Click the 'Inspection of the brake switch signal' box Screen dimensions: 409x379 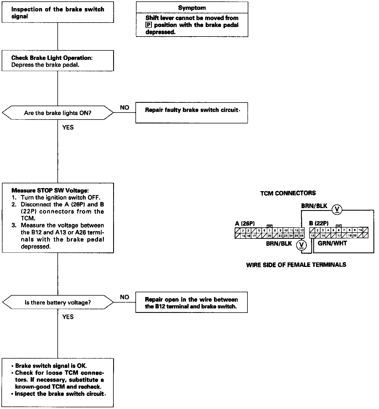(58, 13)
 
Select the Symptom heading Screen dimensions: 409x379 (192, 8)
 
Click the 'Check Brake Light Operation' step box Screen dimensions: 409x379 (58, 61)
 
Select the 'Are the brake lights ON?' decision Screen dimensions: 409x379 (58, 113)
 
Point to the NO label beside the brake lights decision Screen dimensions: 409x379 (124, 108)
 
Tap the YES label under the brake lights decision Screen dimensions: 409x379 (68, 127)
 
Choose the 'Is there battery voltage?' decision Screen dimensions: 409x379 (58, 302)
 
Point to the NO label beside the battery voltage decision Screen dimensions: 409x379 (124, 297)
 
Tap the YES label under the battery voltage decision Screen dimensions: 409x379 (68, 317)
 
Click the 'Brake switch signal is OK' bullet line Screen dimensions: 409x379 (51, 366)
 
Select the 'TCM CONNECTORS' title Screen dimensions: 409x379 (288, 193)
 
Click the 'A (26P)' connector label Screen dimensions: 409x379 (245, 223)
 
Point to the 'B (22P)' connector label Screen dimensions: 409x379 (319, 223)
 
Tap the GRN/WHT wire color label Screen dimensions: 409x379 (332, 243)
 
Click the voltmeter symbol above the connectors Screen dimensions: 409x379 (337, 209)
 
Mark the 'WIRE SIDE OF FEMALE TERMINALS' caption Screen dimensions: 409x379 (296, 265)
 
